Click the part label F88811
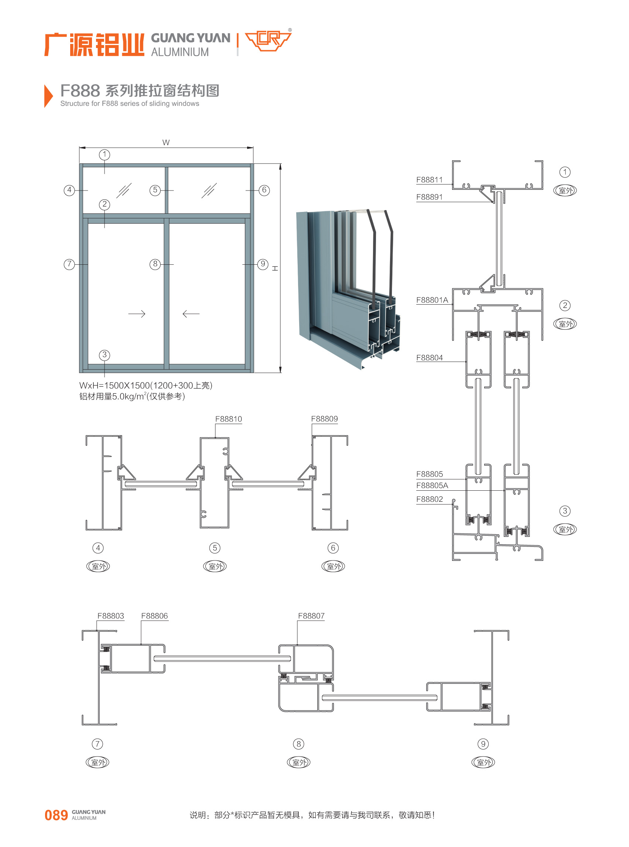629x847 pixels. tap(429, 180)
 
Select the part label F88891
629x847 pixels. tap(429, 197)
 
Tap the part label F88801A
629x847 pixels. tap(432, 300)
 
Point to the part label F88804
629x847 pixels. tap(429, 357)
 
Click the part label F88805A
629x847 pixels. tap(432, 486)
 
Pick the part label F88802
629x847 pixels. tap(429, 499)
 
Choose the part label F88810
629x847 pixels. tap(229, 419)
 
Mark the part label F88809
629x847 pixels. tap(324, 419)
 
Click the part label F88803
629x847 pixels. tap(111, 615)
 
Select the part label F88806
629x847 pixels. tap(154, 615)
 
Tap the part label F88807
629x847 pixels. tap(311, 615)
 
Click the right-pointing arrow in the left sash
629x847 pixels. tap(137, 314)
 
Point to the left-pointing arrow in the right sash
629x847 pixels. tap(191, 314)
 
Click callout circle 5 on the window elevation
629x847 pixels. tap(155, 190)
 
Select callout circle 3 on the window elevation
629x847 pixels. tap(104, 355)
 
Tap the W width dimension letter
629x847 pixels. tap(166, 143)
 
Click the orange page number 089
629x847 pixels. tap(56, 815)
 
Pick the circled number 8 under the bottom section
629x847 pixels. tap(298, 744)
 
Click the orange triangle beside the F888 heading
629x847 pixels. tap(48, 96)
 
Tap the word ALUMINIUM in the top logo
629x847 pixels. tap(180, 52)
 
